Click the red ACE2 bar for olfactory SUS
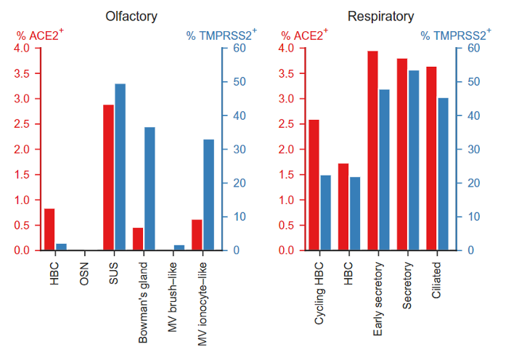pyautogui.click(x=109, y=178)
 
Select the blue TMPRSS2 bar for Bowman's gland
pyautogui.click(x=149, y=189)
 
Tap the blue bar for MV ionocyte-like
pyautogui.click(x=208, y=195)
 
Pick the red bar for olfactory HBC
pyautogui.click(x=49, y=229)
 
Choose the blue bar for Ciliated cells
pyautogui.click(x=443, y=174)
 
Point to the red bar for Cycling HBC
pyautogui.click(x=314, y=185)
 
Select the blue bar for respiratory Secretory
pyautogui.click(x=414, y=160)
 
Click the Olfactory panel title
pyautogui.click(x=131, y=16)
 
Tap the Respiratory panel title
pyautogui.click(x=381, y=16)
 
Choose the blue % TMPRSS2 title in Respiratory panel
pyautogui.click(x=454, y=34)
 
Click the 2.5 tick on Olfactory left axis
pyautogui.click(x=22, y=124)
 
